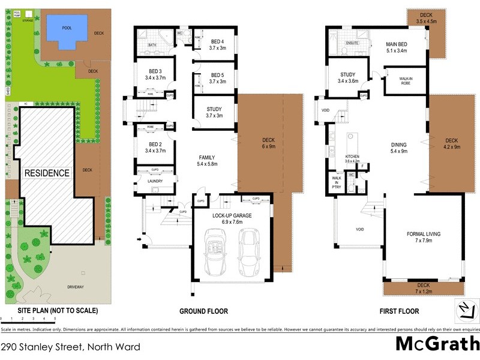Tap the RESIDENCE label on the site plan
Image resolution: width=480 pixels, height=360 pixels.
point(47,173)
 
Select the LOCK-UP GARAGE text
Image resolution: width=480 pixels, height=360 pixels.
point(232,215)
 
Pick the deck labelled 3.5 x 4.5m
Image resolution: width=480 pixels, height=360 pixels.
point(426,17)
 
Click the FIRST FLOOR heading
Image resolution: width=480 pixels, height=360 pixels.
point(398,311)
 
